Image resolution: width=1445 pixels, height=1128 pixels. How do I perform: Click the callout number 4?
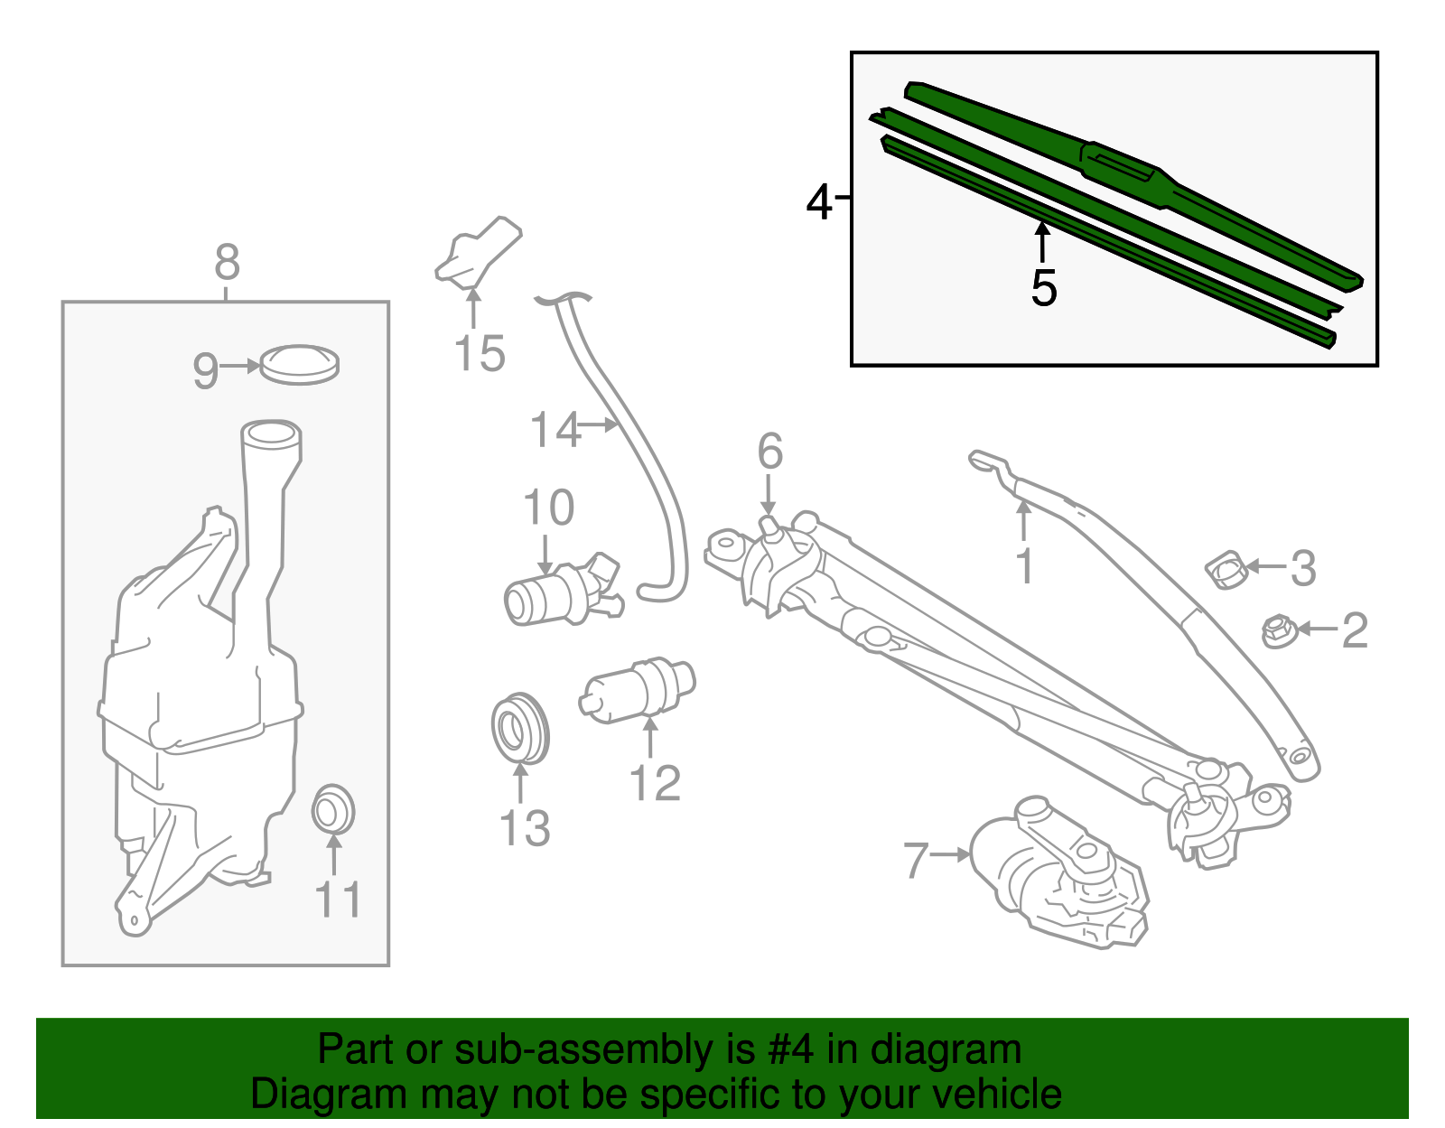pyautogui.click(x=818, y=202)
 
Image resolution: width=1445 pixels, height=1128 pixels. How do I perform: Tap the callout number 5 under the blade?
pyautogui.click(x=1043, y=288)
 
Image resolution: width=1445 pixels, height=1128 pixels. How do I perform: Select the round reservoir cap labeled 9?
pyautogui.click(x=299, y=364)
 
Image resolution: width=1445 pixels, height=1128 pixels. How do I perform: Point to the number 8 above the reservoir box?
pyautogui.click(x=227, y=263)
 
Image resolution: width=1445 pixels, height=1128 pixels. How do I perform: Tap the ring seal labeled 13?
pyautogui.click(x=520, y=729)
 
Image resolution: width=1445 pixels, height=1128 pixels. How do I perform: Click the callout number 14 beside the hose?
pyautogui.click(x=555, y=430)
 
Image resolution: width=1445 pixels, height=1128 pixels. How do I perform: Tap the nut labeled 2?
pyautogui.click(x=1277, y=631)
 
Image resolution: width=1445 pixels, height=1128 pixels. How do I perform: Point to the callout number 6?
pyautogui.click(x=769, y=452)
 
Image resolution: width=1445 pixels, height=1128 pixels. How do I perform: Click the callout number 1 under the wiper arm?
pyautogui.click(x=1023, y=566)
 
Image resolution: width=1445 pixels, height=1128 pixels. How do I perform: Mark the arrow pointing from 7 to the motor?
pyautogui.click(x=950, y=854)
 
